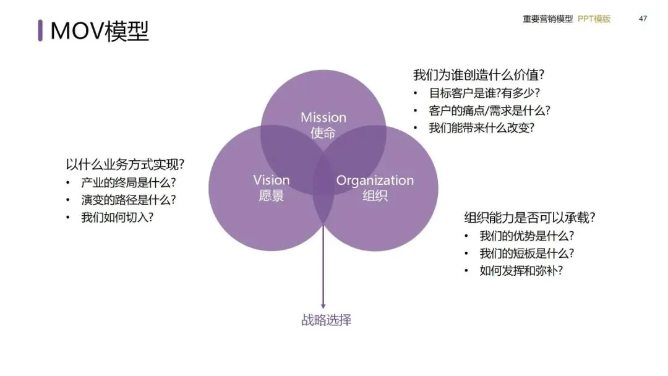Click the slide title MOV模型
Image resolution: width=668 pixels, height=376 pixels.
[x=99, y=30]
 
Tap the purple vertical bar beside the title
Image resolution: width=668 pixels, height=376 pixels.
[x=40, y=30]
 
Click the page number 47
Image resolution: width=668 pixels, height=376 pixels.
[x=643, y=19]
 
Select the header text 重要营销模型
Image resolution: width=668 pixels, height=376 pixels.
[x=547, y=19]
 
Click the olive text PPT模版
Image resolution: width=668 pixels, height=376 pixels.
[x=594, y=19]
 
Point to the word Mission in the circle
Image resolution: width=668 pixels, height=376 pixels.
[x=323, y=117]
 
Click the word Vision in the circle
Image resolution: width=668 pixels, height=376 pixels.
[x=271, y=180]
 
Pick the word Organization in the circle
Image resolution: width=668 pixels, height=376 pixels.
[x=375, y=181]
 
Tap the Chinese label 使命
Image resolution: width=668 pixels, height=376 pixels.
[x=323, y=133]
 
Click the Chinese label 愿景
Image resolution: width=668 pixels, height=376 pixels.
[x=271, y=196]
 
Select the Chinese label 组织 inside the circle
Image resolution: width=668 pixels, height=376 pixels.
[x=375, y=197]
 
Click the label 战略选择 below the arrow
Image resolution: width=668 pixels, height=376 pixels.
[x=326, y=320]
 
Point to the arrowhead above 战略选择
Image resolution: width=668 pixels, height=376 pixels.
[x=322, y=304]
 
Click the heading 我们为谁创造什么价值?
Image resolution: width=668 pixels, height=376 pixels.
[x=479, y=75]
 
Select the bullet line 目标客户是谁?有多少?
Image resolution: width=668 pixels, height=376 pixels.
[x=484, y=93]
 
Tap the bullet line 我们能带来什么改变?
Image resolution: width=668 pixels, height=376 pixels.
[x=481, y=128]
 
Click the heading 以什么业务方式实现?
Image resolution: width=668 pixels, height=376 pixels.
[x=126, y=164]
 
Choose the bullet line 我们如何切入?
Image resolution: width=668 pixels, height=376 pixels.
[x=118, y=217]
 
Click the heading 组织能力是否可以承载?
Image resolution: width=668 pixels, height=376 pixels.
[x=530, y=218]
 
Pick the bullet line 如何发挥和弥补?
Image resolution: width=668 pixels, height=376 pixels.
[x=521, y=270]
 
